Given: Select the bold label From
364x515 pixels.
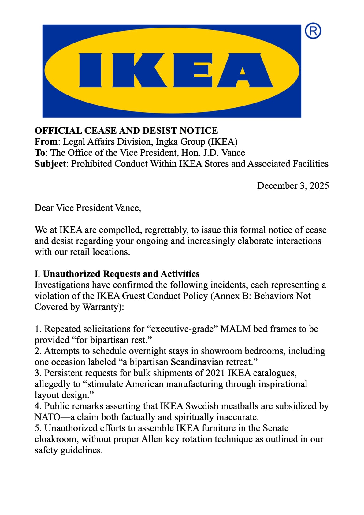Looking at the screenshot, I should point(46,142).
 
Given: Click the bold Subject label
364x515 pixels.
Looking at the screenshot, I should point(50,164).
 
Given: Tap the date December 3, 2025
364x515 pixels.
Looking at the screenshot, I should point(293,186).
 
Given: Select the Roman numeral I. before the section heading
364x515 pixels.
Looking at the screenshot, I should point(37,274).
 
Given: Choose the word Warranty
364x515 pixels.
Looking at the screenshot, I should point(102,307).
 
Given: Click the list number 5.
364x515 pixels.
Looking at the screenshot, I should point(37,428).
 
